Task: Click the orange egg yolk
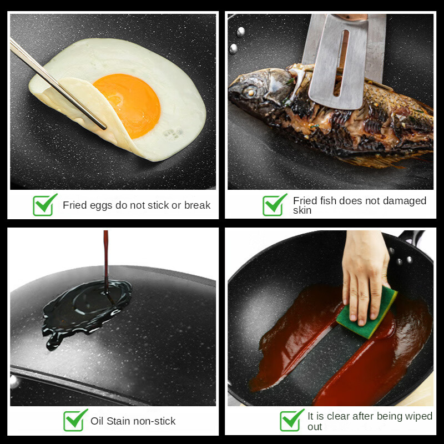click(x=127, y=106)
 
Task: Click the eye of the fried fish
click(x=251, y=91)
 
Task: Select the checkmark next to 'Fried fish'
click(x=274, y=205)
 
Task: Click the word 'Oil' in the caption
click(x=97, y=421)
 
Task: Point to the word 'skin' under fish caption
click(x=302, y=210)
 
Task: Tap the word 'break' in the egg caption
click(x=198, y=205)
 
